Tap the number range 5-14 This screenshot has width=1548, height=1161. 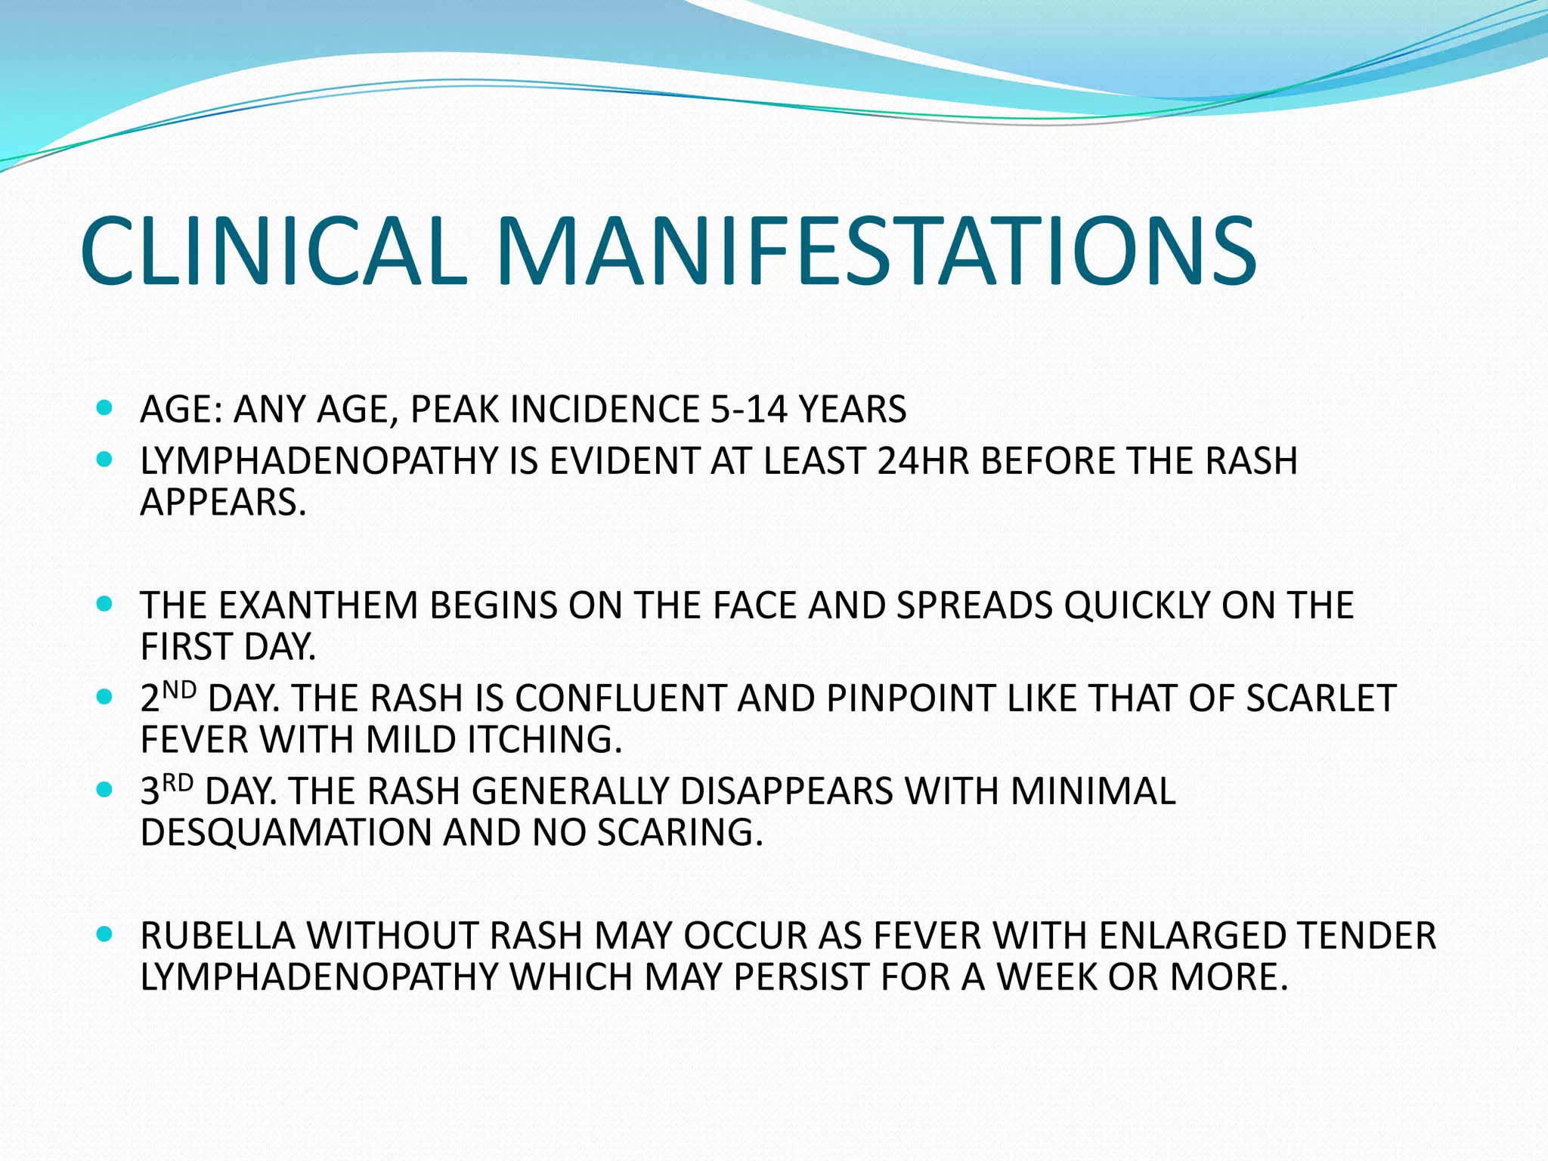pos(748,410)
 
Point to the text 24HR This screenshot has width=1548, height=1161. pos(923,461)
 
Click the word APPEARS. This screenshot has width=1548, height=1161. pos(223,503)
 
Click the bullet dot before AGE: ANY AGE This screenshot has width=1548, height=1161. pos(105,409)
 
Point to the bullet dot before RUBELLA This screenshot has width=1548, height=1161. pos(105,935)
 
